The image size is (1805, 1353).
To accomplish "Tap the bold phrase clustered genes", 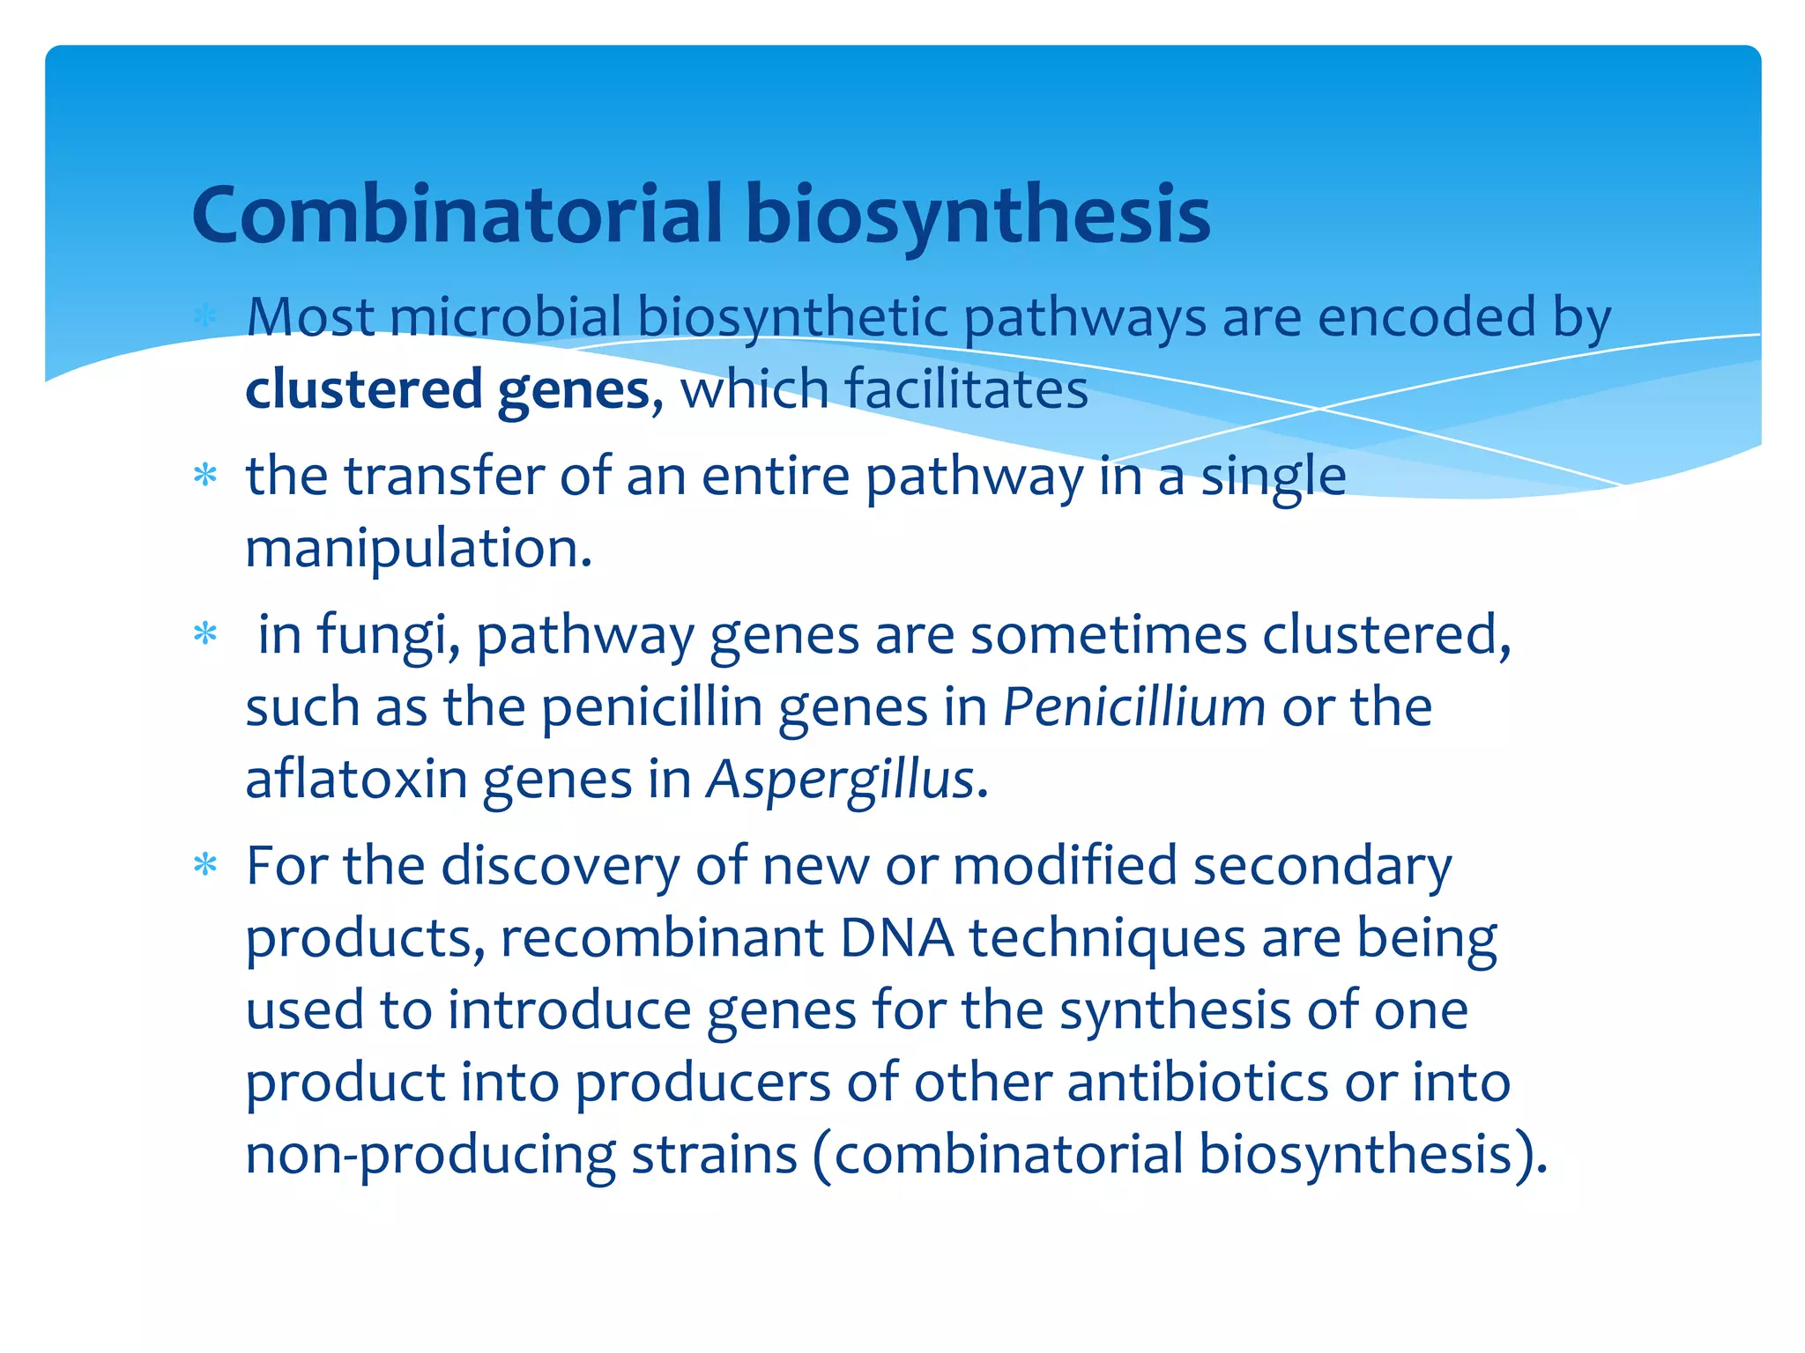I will point(448,389).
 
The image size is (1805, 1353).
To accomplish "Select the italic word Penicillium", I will point(1133,706).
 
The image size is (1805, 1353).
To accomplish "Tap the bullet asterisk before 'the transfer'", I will point(205,477).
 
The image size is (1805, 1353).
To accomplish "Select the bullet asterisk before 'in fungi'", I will point(205,634).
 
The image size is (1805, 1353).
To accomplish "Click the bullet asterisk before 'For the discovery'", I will point(205,865).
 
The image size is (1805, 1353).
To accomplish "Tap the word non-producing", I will point(430,1156).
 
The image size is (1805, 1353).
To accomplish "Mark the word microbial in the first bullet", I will point(505,316).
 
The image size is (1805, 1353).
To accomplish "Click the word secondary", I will point(1322,866).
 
